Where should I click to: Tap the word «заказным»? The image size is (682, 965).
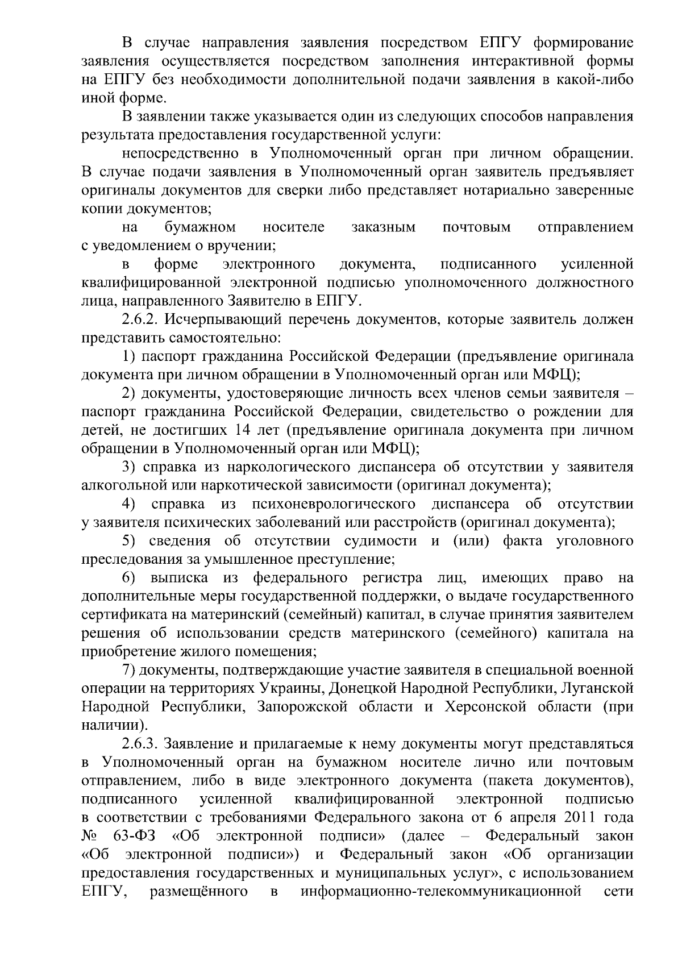point(384,227)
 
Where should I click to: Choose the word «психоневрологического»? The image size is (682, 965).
point(329,504)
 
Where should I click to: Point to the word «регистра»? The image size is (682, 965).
point(393,578)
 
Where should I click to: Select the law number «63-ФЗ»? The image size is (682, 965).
point(135,836)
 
